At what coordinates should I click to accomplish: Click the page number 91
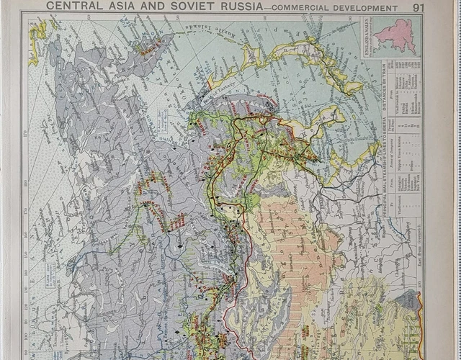coord(419,8)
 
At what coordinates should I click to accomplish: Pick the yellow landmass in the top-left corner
coord(37,32)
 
